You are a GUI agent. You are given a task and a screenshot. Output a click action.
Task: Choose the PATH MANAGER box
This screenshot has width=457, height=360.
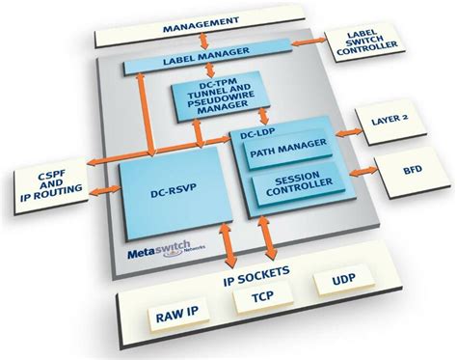tap(287, 151)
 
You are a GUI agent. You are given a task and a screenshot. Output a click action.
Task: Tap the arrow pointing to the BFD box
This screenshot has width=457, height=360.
tap(358, 173)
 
